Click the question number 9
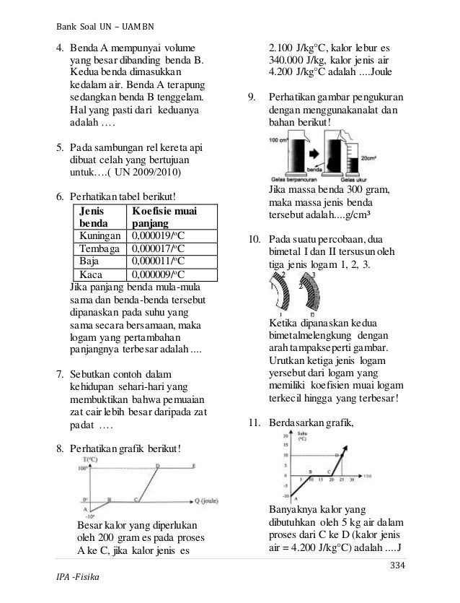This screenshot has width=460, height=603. [249, 97]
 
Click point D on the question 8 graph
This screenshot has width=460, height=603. [158, 466]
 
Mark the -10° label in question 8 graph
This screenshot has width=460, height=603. [89, 516]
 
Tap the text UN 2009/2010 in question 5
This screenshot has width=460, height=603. [152, 172]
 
